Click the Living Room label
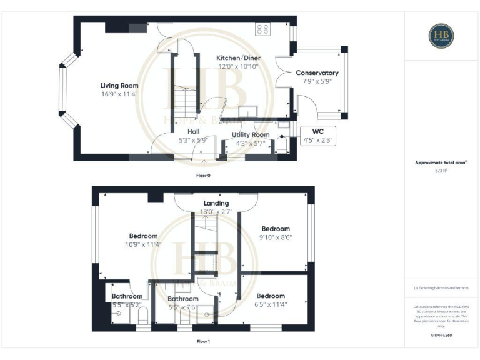pos(119,86)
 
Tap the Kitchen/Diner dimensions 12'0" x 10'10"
pos(238,66)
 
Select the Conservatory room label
pos(317,73)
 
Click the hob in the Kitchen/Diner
pos(262,29)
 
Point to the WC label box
pos(318,136)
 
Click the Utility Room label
pos(251,134)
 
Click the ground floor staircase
pos(185,100)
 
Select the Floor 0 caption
pos(204,176)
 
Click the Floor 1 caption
pos(204,342)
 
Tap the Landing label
pos(216,203)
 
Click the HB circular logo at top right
pos(441,36)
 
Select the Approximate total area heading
pos(441,162)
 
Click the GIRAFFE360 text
pos(441,336)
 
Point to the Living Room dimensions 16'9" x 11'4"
pos(119,94)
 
